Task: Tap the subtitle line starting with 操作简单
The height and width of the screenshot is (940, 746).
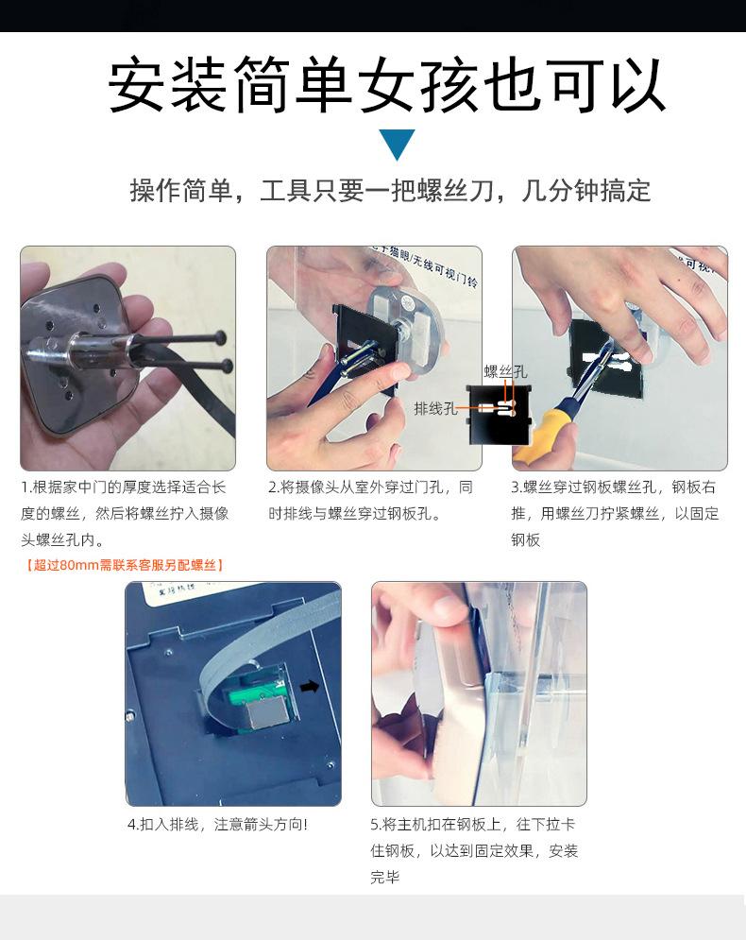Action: (x=390, y=191)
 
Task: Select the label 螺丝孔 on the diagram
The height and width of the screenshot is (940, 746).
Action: (x=505, y=372)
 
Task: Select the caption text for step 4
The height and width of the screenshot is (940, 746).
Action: (x=217, y=825)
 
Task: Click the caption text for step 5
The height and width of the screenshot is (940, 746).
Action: (x=473, y=850)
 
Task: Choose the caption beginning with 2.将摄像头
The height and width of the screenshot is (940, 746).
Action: (x=370, y=501)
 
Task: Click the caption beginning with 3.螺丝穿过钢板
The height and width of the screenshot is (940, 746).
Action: (x=615, y=514)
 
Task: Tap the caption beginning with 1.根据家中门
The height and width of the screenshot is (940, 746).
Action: (x=125, y=514)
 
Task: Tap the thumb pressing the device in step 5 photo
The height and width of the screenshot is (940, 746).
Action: (x=430, y=614)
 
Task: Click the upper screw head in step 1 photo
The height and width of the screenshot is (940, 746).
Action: (x=220, y=334)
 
